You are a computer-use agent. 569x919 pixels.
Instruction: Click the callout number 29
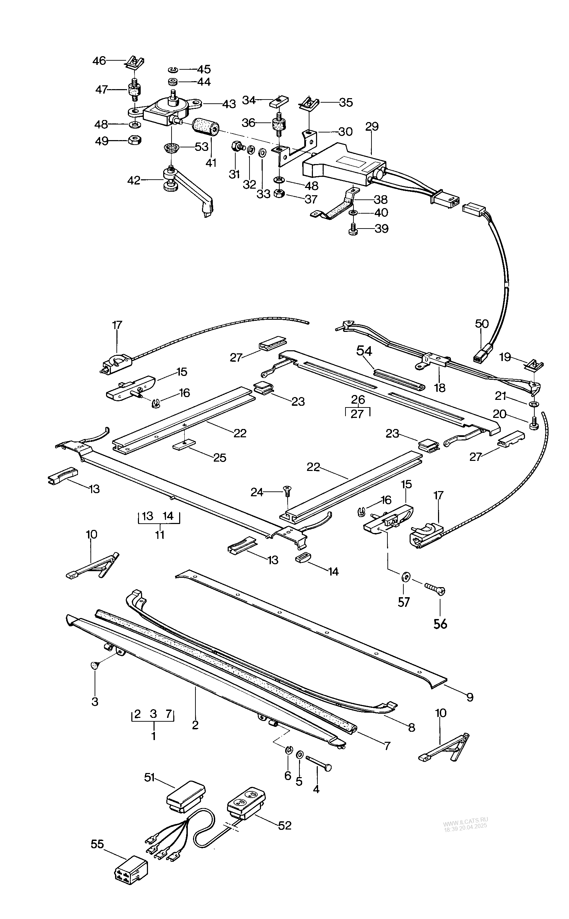click(x=372, y=127)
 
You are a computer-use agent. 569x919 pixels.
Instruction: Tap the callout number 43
click(x=229, y=104)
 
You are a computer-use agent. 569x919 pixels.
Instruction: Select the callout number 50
click(x=482, y=324)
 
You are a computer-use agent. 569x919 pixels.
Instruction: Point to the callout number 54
click(x=364, y=351)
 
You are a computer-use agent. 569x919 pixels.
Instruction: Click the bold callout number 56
click(x=440, y=624)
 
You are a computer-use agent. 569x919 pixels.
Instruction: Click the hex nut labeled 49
click(x=135, y=141)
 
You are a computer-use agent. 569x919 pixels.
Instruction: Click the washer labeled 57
click(x=406, y=576)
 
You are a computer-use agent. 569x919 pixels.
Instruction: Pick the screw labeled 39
click(x=353, y=229)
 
